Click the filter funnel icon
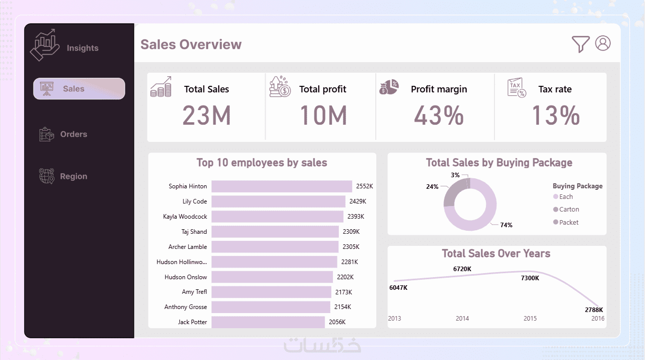[580, 44]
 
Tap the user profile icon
[603, 43]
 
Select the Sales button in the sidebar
[79, 89]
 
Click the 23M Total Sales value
[206, 116]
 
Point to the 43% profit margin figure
[438, 116]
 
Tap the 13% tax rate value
[555, 116]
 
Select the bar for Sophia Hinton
[281, 186]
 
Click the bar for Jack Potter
[268, 322]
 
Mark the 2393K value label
[356, 217]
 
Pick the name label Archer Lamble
[187, 247]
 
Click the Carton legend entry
[569, 210]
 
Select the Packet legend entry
[569, 223]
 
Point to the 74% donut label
[506, 225]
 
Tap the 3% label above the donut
[455, 175]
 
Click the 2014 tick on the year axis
[462, 319]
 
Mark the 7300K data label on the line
[530, 278]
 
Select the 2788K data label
[594, 310]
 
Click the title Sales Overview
[191, 44]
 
